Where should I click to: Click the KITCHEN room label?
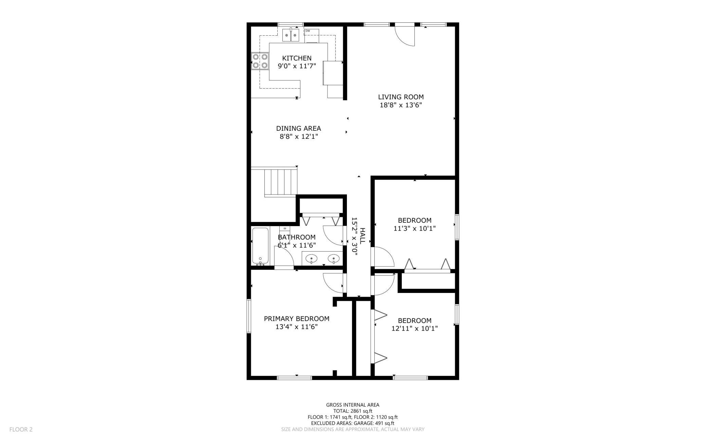pyautogui.click(x=297, y=58)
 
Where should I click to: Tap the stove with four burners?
pyautogui.click(x=260, y=61)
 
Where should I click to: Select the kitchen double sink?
pyautogui.click(x=291, y=35)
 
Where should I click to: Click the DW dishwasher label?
pyautogui.click(x=308, y=31)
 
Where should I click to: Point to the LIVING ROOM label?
pyautogui.click(x=401, y=97)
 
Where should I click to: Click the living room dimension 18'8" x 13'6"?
pyautogui.click(x=401, y=105)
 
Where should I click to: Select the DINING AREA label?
pyautogui.click(x=298, y=128)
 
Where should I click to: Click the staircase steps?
pyautogui.click(x=280, y=182)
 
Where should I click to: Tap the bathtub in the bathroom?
pyautogui.click(x=260, y=246)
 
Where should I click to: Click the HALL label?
pyautogui.click(x=363, y=236)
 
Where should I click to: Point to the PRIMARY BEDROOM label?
pyautogui.click(x=297, y=319)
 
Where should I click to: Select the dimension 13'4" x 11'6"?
pyautogui.click(x=297, y=327)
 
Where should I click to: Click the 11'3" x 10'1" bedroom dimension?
pyautogui.click(x=414, y=228)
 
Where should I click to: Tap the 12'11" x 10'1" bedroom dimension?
pyautogui.click(x=414, y=329)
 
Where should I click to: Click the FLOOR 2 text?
pyautogui.click(x=21, y=429)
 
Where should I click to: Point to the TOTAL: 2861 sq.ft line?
pyautogui.click(x=353, y=411)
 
